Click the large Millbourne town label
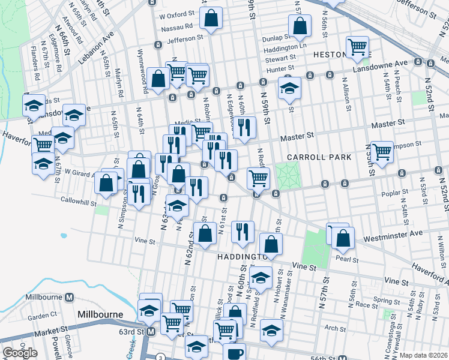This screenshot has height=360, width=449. [100, 314]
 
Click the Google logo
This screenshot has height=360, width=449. [20, 353]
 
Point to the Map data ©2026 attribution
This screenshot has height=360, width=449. [423, 355]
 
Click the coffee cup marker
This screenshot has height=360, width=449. [234, 353]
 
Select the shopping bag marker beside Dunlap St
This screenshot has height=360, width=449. [300, 26]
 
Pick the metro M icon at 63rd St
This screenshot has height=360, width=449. [152, 331]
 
